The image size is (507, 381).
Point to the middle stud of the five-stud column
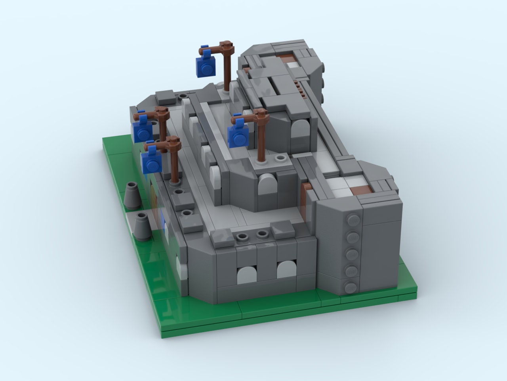[x=351, y=254]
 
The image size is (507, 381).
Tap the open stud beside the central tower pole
[x=281, y=158]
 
